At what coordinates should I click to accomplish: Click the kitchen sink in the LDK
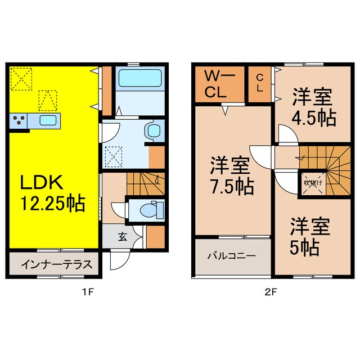tap(47, 120)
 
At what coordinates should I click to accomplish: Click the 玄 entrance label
tap(122, 237)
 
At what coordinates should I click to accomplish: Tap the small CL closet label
tap(260, 83)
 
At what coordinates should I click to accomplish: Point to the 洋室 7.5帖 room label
tap(232, 175)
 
